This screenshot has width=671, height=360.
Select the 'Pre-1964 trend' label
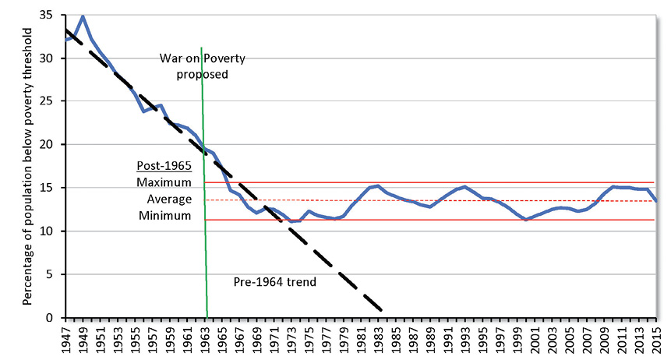274,281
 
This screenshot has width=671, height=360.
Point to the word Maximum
164,182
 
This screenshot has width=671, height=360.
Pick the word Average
169,199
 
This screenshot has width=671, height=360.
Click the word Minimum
164,215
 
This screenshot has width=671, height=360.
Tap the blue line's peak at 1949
83,16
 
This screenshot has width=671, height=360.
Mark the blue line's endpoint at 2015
656,201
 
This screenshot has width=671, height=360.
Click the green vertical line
204,195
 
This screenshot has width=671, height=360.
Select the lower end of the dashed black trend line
381,310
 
